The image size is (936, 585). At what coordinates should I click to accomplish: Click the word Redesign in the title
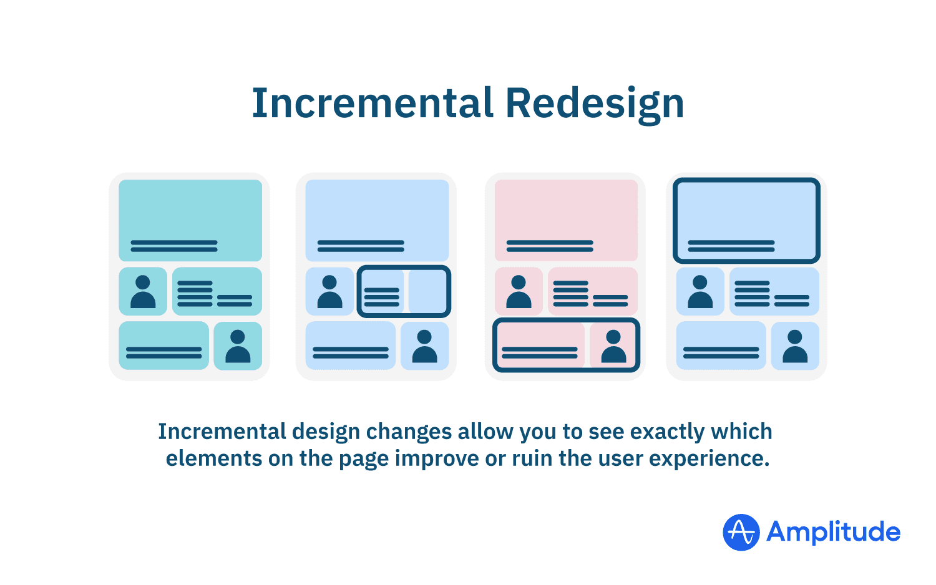(594, 104)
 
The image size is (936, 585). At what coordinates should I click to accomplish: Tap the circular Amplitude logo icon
(741, 532)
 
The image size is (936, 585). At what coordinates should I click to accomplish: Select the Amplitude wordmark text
(833, 532)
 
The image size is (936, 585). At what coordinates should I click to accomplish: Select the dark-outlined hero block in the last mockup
(746, 220)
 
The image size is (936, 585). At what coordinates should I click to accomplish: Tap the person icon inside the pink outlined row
(613, 346)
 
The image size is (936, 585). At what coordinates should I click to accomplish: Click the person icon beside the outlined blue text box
(329, 291)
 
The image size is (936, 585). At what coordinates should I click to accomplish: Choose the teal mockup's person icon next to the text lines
(143, 291)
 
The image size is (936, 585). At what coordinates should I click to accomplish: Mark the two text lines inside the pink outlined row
(540, 352)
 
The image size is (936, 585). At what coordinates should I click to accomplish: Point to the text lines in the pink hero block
(550, 246)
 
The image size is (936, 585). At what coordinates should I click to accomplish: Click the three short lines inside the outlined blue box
(381, 297)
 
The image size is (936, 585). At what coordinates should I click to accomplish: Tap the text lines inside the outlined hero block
(731, 246)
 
